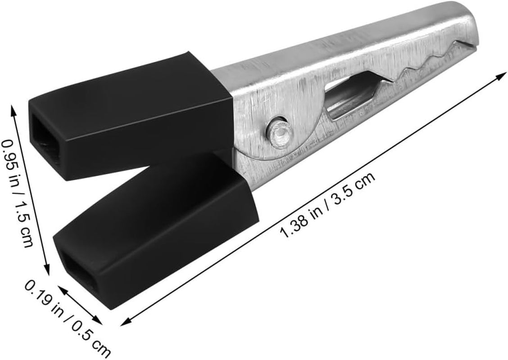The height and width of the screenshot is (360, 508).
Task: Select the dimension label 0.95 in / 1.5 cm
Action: coord(18,193)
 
